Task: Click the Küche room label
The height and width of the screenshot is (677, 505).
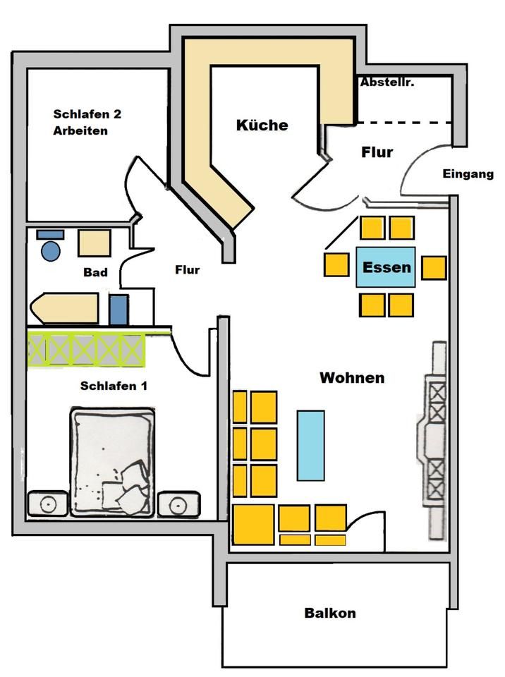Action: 262,126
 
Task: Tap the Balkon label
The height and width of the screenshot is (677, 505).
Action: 330,613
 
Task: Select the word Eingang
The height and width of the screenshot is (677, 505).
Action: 468,174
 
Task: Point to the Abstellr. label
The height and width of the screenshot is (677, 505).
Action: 387,82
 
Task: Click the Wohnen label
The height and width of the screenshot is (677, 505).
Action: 352,378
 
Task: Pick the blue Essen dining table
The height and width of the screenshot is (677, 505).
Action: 386,267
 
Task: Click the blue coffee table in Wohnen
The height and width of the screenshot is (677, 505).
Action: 310,446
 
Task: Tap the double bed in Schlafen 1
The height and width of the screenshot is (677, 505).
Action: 112,461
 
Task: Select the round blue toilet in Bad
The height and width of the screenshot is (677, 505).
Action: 51,251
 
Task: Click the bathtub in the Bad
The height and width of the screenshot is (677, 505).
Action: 64,308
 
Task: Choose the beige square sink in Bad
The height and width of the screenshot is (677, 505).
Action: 95,243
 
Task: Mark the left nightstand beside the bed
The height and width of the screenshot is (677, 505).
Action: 48,503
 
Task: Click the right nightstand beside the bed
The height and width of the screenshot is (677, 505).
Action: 179,504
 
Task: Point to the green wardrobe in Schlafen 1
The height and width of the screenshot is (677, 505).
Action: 86,349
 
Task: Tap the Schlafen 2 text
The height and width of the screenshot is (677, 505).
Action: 87,114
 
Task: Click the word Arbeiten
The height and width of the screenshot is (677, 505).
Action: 80,131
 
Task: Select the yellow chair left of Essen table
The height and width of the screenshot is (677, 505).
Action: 336,264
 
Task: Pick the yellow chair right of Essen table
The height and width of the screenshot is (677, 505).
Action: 434,268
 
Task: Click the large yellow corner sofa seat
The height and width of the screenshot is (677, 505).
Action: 254,525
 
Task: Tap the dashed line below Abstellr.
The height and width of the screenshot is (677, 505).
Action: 404,123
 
